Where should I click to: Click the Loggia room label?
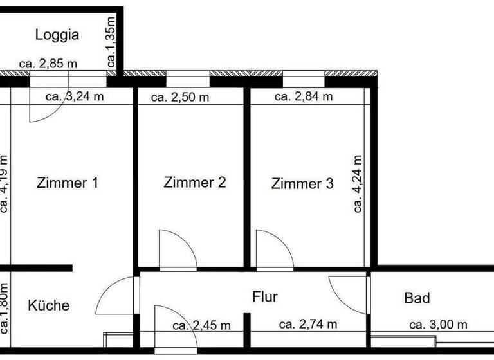click(x=57, y=35)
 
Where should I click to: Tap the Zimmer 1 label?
click(x=68, y=183)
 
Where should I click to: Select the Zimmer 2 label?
click(x=195, y=183)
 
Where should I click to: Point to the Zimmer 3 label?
click(x=302, y=184)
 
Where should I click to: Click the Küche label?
click(x=48, y=305)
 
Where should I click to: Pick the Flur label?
click(x=264, y=296)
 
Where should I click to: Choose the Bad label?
click(x=417, y=298)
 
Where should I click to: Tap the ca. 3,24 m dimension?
click(x=75, y=96)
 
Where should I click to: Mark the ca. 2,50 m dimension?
click(x=180, y=97)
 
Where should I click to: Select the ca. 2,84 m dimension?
click(x=304, y=96)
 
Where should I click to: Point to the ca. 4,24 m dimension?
click(x=358, y=183)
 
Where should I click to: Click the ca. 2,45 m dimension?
click(x=201, y=325)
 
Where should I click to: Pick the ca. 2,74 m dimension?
click(x=308, y=324)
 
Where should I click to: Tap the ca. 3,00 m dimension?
click(x=439, y=324)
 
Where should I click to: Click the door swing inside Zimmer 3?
click(x=273, y=249)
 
